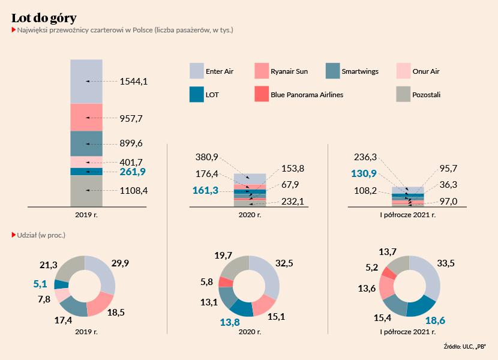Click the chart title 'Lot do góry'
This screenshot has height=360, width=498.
[44, 17]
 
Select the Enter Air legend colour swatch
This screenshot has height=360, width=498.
[197, 71]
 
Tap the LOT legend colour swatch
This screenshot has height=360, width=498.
[197, 94]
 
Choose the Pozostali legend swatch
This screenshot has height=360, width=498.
[404, 94]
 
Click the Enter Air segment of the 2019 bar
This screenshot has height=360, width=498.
[86, 81]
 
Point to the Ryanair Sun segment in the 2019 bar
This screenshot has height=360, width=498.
[86, 117]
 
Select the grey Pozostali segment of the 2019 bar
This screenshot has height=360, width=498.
[86, 191]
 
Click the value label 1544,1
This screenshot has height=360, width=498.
[134, 81]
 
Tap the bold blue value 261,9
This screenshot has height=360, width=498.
[133, 172]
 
